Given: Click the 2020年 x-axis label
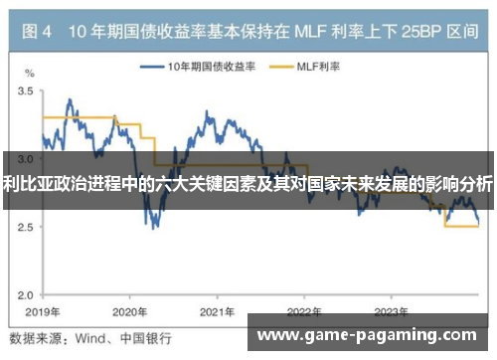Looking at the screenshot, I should click(129, 310).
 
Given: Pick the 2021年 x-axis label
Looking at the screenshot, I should click(217, 310).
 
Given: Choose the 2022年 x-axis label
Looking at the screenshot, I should click(303, 310).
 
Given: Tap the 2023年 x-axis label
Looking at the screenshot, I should click(391, 310).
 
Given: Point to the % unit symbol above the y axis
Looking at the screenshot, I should click(30, 74).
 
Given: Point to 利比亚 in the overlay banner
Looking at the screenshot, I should click(24, 182).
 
